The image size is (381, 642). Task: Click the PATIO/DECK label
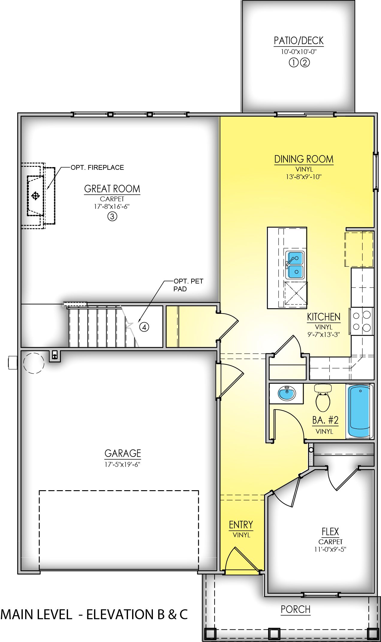point(299,41)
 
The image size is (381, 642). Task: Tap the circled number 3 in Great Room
point(112,217)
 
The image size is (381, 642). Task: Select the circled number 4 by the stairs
point(144,327)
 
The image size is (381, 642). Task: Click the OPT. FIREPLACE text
point(97,167)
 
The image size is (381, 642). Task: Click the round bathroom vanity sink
point(287,393)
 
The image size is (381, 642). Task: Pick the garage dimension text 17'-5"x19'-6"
point(123,464)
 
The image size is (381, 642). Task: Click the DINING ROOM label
point(304,159)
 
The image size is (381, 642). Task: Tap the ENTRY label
point(241,525)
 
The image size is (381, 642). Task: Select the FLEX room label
point(330,532)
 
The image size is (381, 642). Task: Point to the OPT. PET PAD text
point(188,285)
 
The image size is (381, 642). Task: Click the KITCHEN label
point(323,317)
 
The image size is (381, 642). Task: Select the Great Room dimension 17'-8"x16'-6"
point(112,206)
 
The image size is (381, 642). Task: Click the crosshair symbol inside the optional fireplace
point(35,196)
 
